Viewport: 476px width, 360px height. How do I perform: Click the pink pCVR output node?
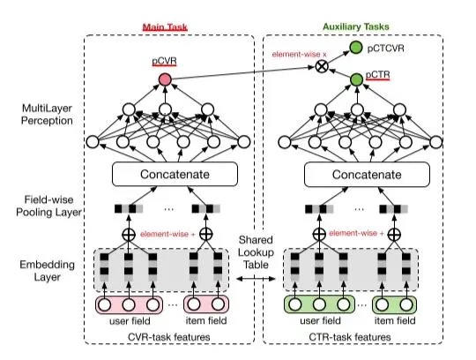(165, 79)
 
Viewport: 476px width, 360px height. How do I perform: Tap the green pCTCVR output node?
(356, 48)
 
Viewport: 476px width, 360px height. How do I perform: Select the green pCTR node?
(356, 79)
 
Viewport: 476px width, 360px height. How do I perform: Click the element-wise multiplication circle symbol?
(322, 66)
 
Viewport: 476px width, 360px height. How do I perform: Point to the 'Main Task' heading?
(165, 27)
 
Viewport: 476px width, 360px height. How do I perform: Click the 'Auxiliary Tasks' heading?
(356, 26)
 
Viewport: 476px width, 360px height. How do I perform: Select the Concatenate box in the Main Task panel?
(175, 174)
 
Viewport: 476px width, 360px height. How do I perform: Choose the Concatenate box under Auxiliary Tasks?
(367, 175)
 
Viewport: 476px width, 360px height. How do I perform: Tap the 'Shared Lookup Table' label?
(256, 252)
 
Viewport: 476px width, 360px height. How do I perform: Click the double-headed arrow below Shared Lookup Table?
(256, 278)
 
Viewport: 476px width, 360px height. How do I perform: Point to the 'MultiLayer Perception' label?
(47, 114)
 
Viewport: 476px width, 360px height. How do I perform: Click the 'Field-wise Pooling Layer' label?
(48, 206)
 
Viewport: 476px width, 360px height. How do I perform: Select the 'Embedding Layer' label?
(47, 270)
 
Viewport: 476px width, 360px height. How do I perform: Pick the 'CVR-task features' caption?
(168, 337)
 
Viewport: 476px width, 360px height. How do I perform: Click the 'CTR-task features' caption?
(350, 337)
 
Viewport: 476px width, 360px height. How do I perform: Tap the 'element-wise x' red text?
(300, 55)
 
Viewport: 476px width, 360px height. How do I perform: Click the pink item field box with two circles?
(206, 304)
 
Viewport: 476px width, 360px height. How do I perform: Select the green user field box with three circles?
(319, 304)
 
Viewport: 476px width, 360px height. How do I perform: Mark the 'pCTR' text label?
(377, 75)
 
